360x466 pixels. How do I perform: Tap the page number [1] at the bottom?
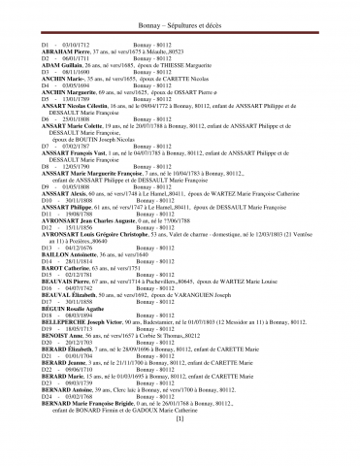click(x=180, y=446)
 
